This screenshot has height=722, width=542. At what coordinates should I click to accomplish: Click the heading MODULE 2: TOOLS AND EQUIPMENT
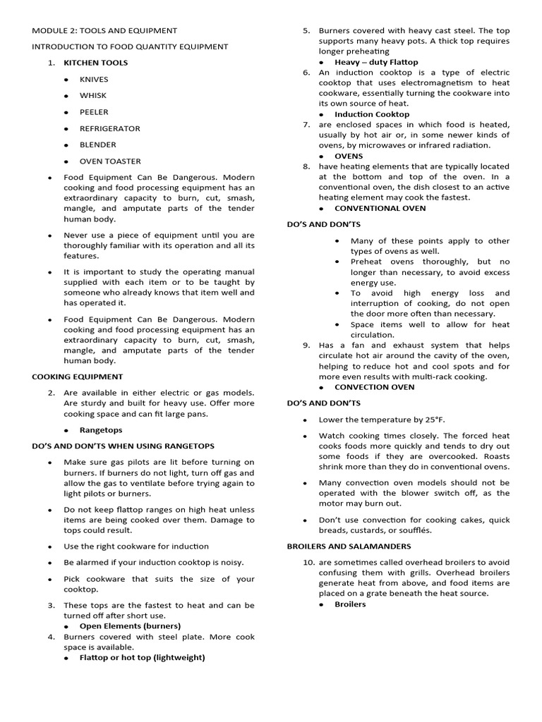[104, 30]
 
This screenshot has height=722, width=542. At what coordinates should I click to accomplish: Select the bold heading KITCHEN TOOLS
[96, 63]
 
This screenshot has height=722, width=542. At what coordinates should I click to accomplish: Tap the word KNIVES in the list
[95, 80]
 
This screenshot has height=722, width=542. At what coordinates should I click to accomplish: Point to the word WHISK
[93, 96]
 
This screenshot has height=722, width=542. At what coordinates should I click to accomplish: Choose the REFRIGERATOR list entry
[109, 128]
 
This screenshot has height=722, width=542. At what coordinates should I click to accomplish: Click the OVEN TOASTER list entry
[110, 161]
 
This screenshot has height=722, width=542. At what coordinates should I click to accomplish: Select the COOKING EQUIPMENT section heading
[77, 377]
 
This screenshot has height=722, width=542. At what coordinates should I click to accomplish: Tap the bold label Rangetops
[100, 430]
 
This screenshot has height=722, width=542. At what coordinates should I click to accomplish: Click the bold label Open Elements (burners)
[130, 625]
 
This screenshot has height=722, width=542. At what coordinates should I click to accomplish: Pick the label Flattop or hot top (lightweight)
[142, 657]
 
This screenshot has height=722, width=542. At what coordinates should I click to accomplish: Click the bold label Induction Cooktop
[372, 114]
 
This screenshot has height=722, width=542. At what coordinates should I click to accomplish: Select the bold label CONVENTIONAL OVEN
[380, 209]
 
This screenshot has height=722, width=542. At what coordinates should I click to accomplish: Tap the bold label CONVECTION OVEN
[374, 387]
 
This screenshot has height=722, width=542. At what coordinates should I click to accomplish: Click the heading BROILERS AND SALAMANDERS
[349, 546]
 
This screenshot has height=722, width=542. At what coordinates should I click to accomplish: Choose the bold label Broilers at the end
[350, 604]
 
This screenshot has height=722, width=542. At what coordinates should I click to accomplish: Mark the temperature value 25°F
[432, 420]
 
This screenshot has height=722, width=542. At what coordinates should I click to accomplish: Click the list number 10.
[308, 563]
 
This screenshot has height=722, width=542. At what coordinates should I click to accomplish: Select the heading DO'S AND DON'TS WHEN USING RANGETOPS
[123, 446]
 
